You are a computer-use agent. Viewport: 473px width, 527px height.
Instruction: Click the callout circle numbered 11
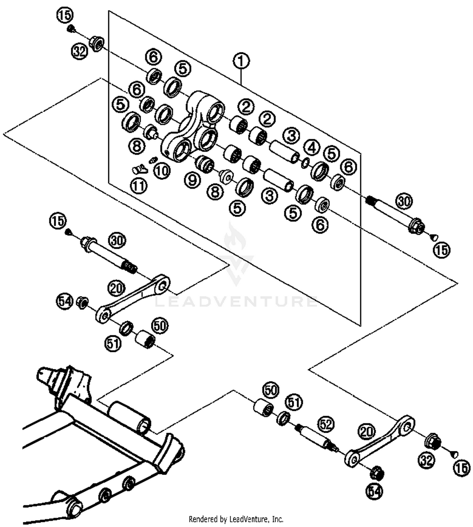pos(139,186)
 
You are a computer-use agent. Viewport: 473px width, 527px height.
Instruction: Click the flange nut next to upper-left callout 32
pos(96,43)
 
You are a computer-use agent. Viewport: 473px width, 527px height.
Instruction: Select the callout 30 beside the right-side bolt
pos(404,201)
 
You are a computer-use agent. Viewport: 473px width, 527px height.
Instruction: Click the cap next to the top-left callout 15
pos(71,29)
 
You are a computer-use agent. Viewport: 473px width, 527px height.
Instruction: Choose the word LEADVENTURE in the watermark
pos(236,302)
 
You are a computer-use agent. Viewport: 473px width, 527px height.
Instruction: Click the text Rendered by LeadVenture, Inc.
pos(236,519)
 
